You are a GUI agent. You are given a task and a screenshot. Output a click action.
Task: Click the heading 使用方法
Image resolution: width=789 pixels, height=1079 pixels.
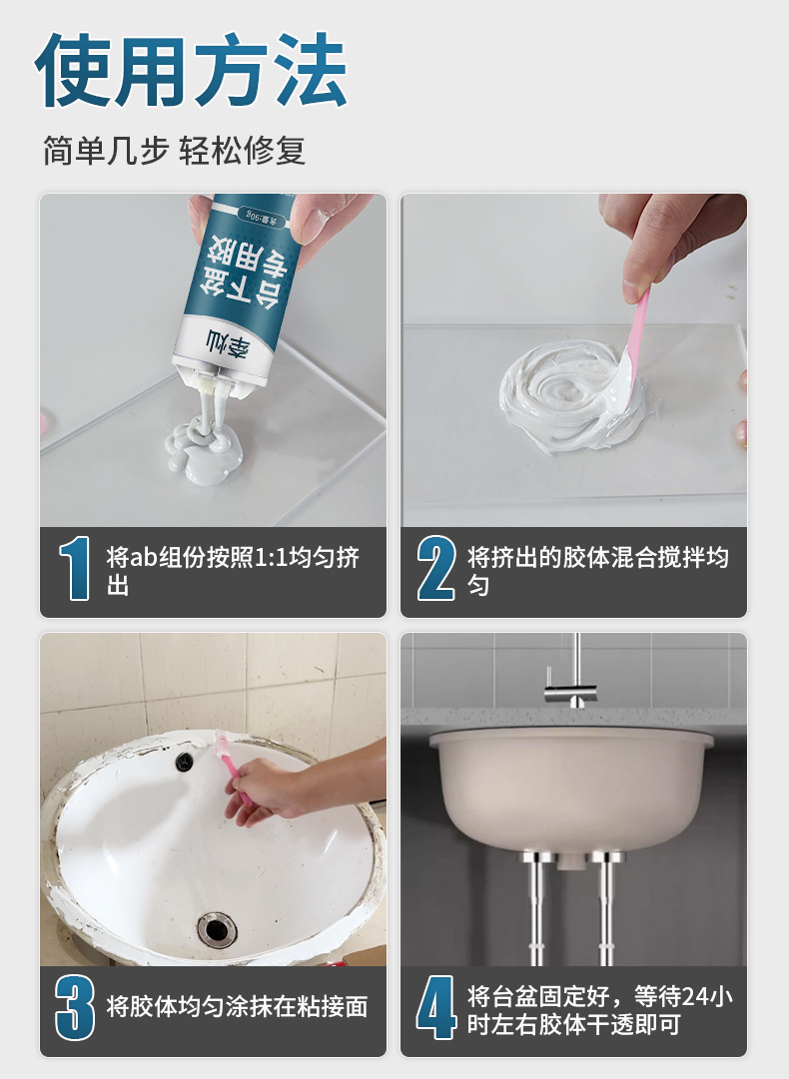tap(191, 70)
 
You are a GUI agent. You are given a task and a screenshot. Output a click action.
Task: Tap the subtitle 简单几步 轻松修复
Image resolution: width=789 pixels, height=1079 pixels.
tap(174, 151)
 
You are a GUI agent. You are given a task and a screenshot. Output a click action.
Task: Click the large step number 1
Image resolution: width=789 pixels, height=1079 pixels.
tap(75, 568)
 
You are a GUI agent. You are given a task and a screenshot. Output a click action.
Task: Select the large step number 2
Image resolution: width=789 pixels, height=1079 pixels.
tap(436, 568)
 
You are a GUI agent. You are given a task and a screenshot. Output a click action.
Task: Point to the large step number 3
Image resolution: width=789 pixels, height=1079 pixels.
tap(75, 1007)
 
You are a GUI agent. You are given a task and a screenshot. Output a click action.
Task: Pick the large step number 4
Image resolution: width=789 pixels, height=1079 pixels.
tap(436, 1007)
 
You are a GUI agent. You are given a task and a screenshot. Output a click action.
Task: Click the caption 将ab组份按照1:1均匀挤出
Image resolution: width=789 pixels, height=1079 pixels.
tap(233, 571)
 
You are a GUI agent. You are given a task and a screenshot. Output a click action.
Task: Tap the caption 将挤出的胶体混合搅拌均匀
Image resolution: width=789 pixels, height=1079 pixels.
tap(597, 571)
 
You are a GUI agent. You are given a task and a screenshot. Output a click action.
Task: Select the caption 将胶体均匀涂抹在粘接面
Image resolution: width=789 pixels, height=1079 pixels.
tap(237, 1007)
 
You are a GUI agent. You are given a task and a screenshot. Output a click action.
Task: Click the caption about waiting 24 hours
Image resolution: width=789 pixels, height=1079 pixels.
tap(599, 1009)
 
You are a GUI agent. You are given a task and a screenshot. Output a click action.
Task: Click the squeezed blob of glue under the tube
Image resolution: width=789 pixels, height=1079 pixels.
tap(204, 448)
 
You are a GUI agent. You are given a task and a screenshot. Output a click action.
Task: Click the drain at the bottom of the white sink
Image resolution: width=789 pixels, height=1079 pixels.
tap(217, 929)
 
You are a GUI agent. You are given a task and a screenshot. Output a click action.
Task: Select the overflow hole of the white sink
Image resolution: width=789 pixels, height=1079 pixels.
tap(184, 761)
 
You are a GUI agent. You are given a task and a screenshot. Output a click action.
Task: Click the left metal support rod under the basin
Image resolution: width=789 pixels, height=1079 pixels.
tap(537, 907)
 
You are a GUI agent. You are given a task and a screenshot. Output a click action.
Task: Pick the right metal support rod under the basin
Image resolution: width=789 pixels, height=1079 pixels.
tap(606, 907)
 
